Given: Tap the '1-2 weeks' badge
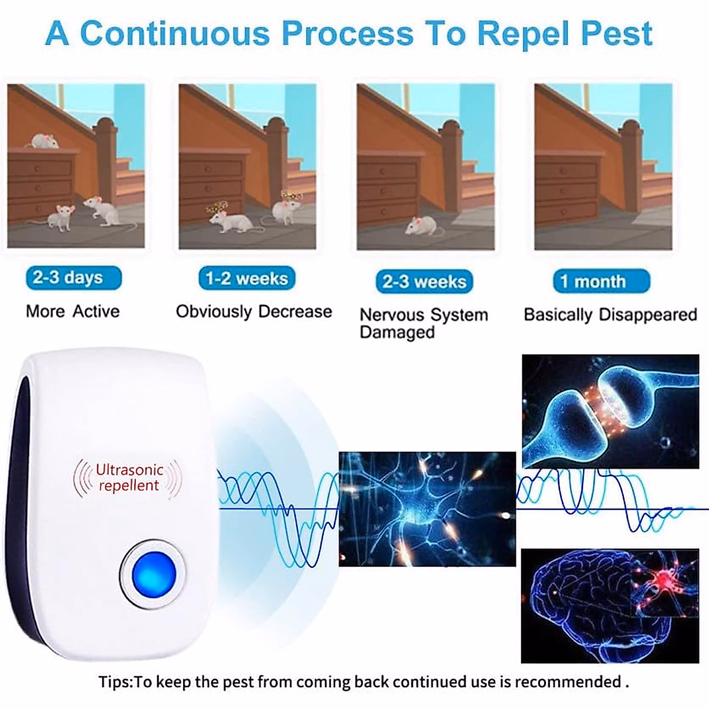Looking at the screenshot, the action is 246,278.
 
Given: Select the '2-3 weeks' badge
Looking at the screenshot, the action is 424,282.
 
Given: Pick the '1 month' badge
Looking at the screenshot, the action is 601,281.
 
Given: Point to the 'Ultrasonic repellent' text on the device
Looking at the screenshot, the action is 129,478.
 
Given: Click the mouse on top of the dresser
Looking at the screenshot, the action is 44,141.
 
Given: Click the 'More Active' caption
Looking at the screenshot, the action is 73,311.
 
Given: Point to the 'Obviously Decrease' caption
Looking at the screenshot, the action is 253,311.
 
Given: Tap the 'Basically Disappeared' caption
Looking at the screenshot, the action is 610,314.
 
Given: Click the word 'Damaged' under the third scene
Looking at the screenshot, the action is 397,332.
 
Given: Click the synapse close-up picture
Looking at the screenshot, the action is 610,411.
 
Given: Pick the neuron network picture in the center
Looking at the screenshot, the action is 427,509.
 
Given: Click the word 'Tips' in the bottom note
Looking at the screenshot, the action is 116,682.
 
